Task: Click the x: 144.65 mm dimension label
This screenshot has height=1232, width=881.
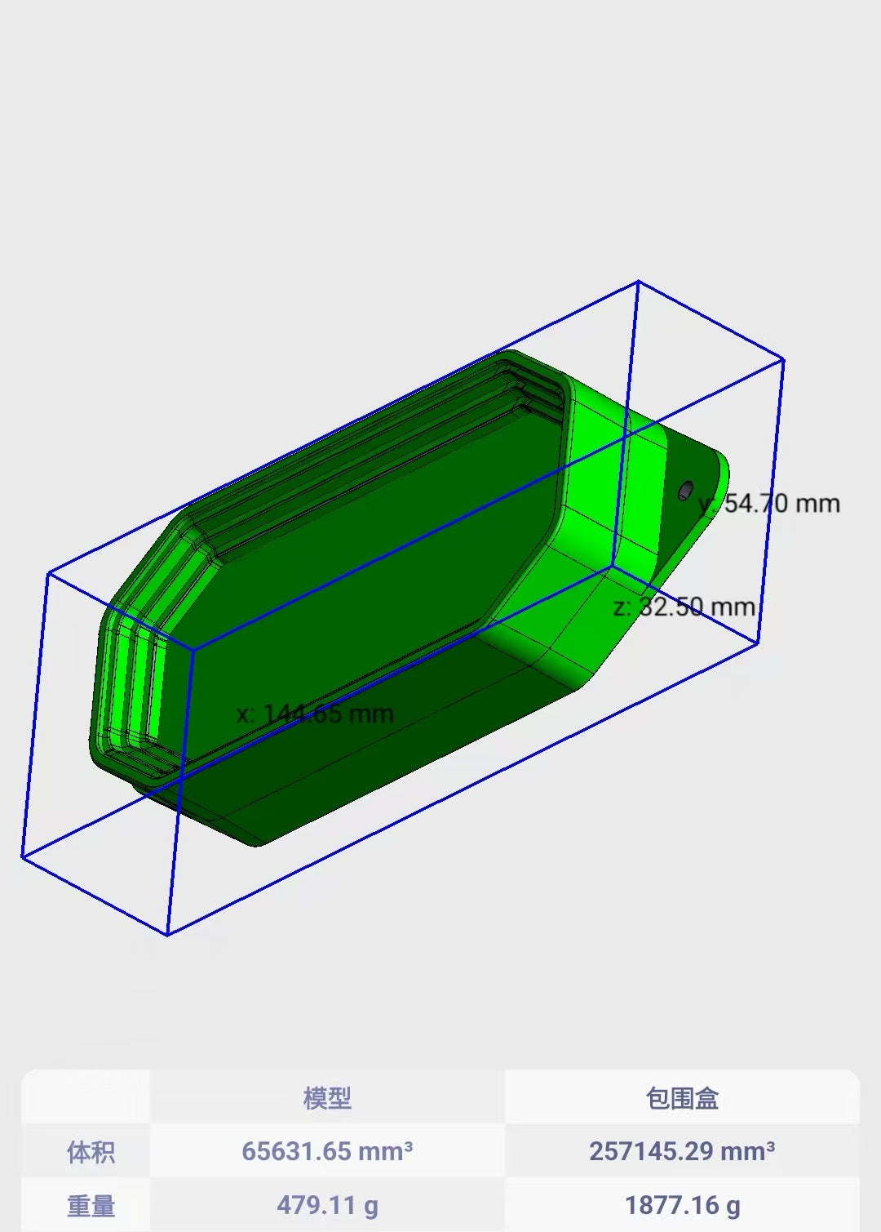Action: pyautogui.click(x=315, y=714)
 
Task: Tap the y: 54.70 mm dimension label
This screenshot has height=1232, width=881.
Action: pyautogui.click(x=769, y=504)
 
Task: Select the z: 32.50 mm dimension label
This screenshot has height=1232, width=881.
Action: pyautogui.click(x=684, y=607)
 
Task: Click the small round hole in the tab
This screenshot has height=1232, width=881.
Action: pyautogui.click(x=685, y=491)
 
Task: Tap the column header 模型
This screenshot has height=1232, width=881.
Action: pyautogui.click(x=327, y=1098)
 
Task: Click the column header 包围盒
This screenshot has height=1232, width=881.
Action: pyautogui.click(x=682, y=1098)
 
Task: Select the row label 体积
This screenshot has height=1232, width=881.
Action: pyautogui.click(x=91, y=1152)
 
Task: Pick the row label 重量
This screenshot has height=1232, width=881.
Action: pyautogui.click(x=91, y=1206)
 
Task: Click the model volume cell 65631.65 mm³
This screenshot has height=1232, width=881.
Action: pyautogui.click(x=327, y=1152)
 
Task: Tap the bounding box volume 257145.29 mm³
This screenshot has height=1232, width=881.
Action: pyautogui.click(x=682, y=1152)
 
